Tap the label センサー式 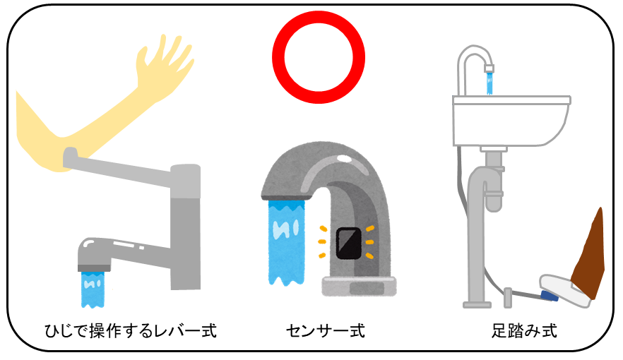(x=326, y=330)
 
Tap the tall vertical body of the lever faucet (x=186, y=226)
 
